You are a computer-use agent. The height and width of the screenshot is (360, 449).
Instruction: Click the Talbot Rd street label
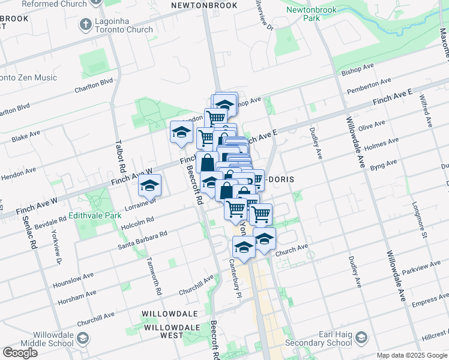[119, 154]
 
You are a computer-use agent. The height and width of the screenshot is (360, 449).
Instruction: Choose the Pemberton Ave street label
[369, 86]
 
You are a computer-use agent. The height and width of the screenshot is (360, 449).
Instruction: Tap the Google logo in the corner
[20, 353]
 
